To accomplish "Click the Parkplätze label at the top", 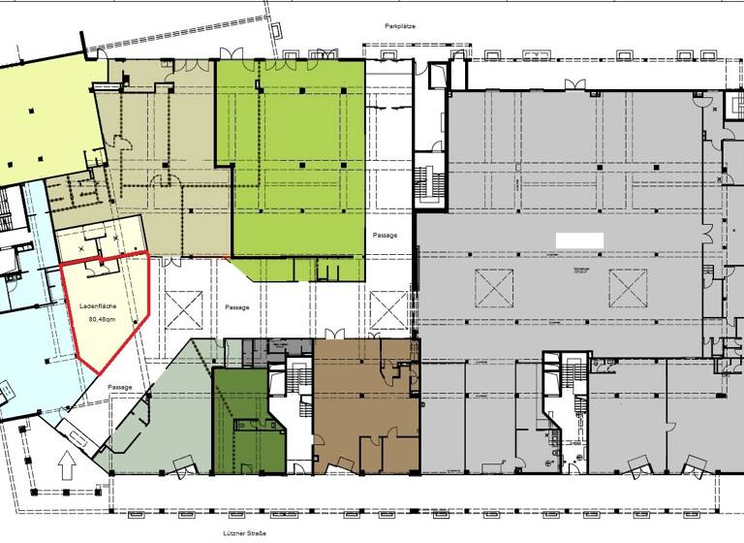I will tap(398, 26).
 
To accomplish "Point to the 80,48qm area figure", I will tap(102, 318).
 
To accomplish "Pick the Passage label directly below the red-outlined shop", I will tap(120, 387).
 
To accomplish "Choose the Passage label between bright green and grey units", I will tap(386, 236).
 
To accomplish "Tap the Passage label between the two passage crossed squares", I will tap(237, 307).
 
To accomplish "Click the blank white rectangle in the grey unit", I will tap(579, 239).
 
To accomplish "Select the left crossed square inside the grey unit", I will tap(494, 286).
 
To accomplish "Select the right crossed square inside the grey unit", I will tap(628, 286).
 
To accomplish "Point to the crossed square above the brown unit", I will tap(388, 309).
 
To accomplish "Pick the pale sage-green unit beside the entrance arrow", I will tap(165, 417).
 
